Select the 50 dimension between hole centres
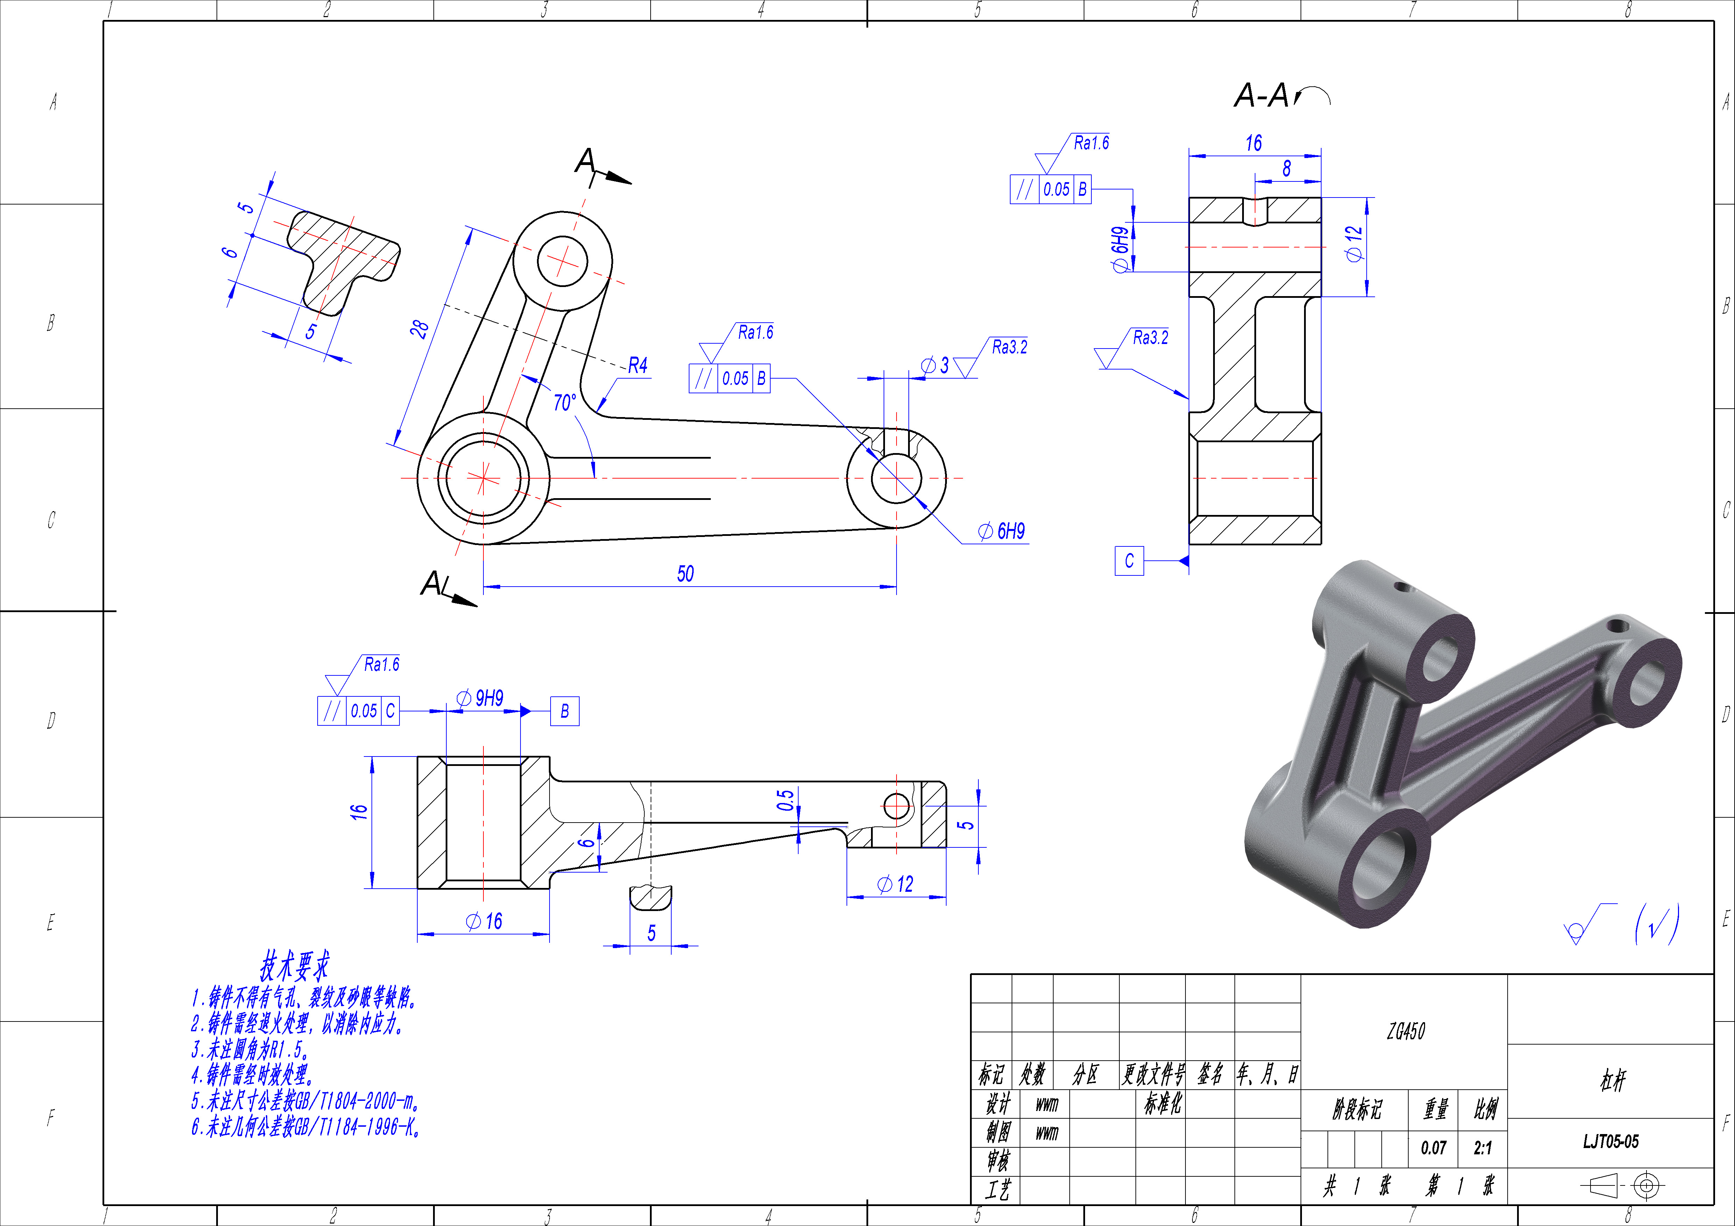[x=685, y=574]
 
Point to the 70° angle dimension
[x=565, y=403]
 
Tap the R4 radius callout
[x=638, y=366]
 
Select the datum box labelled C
[x=1129, y=560]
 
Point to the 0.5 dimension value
[x=786, y=800]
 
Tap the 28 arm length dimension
[x=419, y=329]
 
